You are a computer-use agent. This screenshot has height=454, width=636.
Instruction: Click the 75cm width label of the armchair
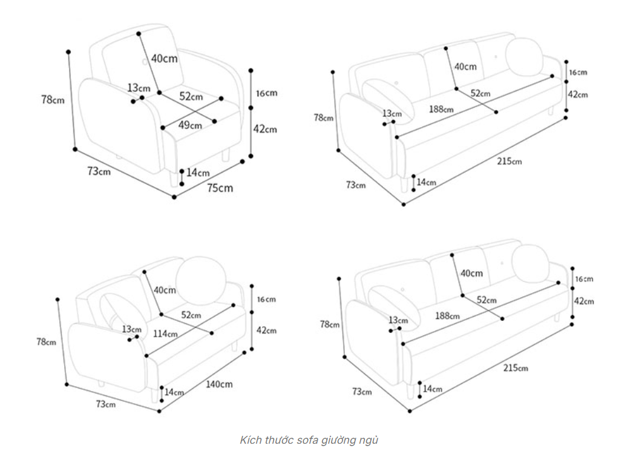220,188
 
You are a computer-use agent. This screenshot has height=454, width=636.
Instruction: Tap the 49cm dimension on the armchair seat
190,125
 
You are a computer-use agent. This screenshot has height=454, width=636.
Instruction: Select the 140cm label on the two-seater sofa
219,384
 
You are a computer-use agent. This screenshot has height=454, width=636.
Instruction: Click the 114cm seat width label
165,334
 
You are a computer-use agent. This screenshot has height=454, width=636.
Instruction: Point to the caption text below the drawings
309,439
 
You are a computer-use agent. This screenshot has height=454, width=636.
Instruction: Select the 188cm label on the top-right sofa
441,110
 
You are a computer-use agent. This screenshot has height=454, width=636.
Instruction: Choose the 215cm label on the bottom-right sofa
516,367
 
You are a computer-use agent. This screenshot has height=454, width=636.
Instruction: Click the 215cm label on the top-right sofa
509,161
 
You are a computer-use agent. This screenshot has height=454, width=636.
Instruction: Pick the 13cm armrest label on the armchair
139,88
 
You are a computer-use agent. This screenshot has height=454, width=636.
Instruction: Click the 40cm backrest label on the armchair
164,59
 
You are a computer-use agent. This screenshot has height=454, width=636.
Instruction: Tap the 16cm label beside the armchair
266,93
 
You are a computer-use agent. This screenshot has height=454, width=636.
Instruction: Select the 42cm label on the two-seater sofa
266,331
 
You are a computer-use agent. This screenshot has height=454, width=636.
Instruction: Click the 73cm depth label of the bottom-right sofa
362,392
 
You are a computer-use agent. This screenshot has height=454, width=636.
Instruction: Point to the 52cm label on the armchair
191,96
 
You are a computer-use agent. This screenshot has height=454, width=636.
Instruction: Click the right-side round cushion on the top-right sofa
524,56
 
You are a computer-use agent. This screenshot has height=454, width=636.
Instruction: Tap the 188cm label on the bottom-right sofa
447,315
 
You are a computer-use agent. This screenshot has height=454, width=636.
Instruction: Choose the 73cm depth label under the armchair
99,171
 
